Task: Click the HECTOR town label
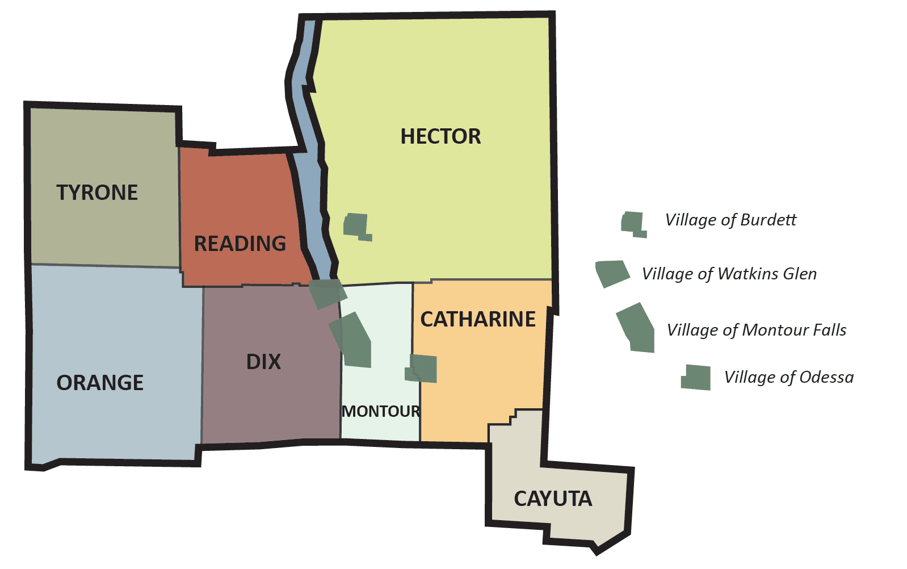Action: pyautogui.click(x=440, y=136)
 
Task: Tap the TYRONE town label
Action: pyautogui.click(x=97, y=193)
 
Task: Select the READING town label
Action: pyautogui.click(x=240, y=244)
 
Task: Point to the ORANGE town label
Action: pyautogui.click(x=100, y=383)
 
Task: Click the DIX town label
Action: pyautogui.click(x=263, y=362)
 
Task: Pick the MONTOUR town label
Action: pyautogui.click(x=381, y=411)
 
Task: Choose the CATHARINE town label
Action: pyautogui.click(x=478, y=319)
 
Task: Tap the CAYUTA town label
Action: pyautogui.click(x=553, y=499)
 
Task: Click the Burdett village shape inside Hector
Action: pyautogui.click(x=356, y=226)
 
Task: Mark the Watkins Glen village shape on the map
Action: pyautogui.click(x=327, y=293)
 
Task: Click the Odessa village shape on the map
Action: pyautogui.click(x=423, y=369)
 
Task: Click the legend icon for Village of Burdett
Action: pyautogui.click(x=633, y=224)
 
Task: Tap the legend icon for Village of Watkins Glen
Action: pyautogui.click(x=611, y=273)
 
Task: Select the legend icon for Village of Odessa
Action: pyautogui.click(x=697, y=377)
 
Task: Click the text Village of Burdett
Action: pyautogui.click(x=730, y=220)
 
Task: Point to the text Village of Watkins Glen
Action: pyautogui.click(x=729, y=274)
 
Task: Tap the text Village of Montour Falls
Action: pyautogui.click(x=757, y=330)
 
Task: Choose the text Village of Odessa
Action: pyautogui.click(x=789, y=377)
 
